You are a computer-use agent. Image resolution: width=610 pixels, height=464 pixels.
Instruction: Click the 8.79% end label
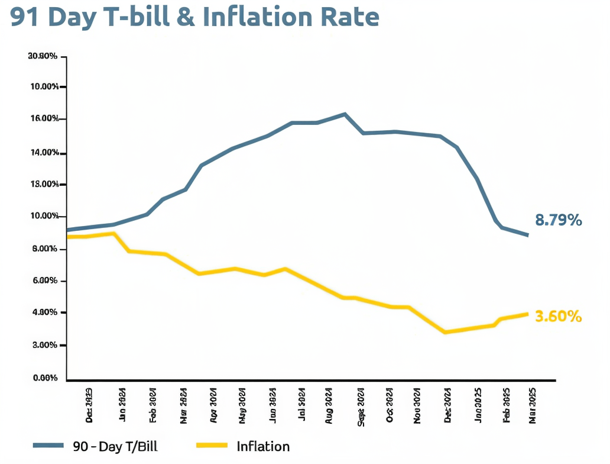click(x=558, y=221)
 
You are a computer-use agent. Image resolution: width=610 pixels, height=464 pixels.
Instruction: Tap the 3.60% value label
click(x=558, y=317)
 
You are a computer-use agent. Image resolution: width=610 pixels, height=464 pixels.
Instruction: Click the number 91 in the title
click(x=26, y=17)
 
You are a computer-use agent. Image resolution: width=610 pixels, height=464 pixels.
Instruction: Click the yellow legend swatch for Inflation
click(x=210, y=446)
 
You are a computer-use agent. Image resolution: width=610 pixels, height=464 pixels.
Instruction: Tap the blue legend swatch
click(x=48, y=446)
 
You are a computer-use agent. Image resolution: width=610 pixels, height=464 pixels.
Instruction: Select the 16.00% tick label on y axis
click(x=44, y=120)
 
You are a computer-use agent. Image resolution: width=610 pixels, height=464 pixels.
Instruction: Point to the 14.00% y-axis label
click(x=44, y=153)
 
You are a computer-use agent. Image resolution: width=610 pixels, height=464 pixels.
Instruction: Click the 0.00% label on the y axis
click(x=45, y=378)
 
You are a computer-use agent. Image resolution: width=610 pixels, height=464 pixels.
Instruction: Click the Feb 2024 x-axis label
click(x=152, y=406)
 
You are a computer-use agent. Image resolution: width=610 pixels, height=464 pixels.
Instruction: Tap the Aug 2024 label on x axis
click(x=329, y=406)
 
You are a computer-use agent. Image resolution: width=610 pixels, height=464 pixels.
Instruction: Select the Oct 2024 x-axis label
click(x=390, y=406)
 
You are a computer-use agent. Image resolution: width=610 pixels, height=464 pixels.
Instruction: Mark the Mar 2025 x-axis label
click(x=532, y=406)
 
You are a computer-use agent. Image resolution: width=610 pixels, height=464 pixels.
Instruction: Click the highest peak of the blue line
click(x=345, y=114)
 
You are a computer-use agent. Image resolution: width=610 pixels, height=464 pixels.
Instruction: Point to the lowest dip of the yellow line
click(x=444, y=332)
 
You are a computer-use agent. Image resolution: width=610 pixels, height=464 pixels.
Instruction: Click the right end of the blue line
click(x=527, y=235)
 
